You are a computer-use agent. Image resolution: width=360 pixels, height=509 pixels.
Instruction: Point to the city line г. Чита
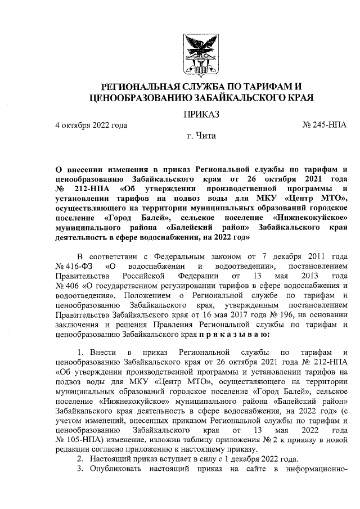click(201, 136)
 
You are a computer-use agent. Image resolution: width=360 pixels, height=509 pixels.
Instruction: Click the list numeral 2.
click(79, 459)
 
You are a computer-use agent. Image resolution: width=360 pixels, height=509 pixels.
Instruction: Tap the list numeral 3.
click(79, 470)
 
